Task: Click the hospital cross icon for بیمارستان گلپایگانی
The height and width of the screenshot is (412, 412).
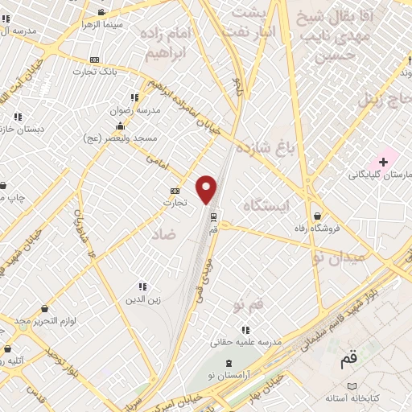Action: pos(383,162)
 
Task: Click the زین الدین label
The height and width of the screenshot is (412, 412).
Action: pos(142,300)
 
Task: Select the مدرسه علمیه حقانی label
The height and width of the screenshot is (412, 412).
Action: pos(246,342)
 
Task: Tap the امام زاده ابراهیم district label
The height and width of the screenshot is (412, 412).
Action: pos(168,44)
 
